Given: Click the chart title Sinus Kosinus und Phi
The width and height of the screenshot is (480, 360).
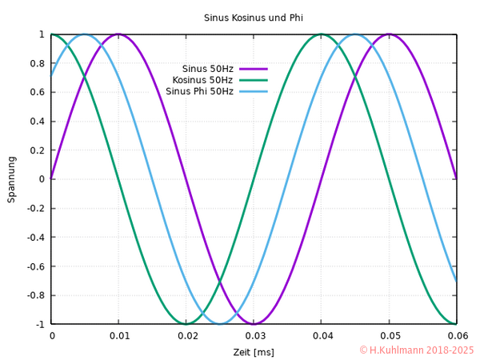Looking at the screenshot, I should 253,18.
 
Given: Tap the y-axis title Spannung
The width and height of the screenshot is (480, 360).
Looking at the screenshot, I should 11,179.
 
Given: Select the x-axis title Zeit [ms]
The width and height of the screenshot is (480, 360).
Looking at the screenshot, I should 254,352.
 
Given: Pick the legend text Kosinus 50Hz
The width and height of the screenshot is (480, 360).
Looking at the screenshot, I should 202,79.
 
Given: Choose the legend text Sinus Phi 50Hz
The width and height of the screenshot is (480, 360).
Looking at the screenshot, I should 199,91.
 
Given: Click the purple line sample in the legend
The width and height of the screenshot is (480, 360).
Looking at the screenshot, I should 253,68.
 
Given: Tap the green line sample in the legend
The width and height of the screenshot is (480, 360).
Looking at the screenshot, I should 253,79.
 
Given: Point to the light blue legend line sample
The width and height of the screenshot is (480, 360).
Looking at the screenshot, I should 253,91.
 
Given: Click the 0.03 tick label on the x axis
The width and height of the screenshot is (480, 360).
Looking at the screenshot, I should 254,336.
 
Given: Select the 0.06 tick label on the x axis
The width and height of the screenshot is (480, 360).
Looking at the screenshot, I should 456,336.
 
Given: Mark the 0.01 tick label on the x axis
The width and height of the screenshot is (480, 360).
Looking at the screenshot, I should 118,336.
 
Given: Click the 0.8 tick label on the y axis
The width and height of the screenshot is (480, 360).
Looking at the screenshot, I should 37,63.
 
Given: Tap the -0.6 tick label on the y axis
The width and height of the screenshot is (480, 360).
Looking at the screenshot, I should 34,266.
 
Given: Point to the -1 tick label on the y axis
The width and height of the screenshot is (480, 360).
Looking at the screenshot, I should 38,324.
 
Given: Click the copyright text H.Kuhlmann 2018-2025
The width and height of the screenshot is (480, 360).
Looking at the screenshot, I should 416,350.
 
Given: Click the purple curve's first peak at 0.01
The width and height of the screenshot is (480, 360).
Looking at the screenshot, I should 118,34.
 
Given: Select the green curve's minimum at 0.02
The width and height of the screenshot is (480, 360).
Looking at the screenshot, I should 186,323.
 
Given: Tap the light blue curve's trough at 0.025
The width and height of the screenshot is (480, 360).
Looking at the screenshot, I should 220,323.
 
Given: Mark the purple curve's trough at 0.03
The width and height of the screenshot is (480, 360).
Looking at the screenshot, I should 254,323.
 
